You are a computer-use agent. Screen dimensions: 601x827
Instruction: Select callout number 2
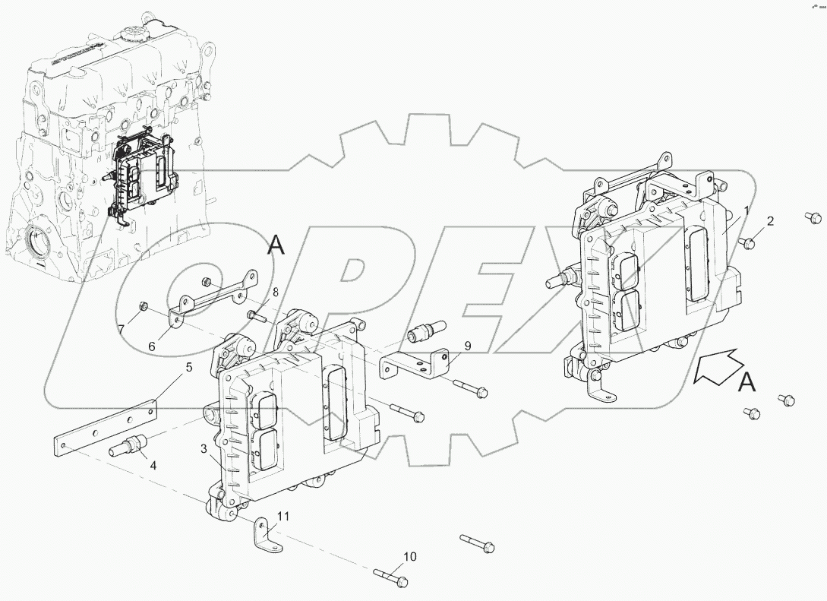click(770, 222)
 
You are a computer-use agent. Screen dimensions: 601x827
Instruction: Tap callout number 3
click(204, 449)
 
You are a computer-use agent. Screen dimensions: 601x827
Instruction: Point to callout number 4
click(153, 465)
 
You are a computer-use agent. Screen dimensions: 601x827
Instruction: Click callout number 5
click(189, 369)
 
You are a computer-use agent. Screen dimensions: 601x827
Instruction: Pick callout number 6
click(152, 346)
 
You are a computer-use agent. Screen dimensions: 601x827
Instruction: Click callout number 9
click(468, 346)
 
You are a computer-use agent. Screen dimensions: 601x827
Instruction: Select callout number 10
click(409, 557)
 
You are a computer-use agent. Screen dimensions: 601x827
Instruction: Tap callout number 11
click(283, 517)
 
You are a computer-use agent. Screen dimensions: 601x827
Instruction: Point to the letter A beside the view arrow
click(748, 384)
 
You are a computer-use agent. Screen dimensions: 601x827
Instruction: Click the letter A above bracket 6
click(276, 245)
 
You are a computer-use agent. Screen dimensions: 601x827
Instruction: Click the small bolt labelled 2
click(748, 242)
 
